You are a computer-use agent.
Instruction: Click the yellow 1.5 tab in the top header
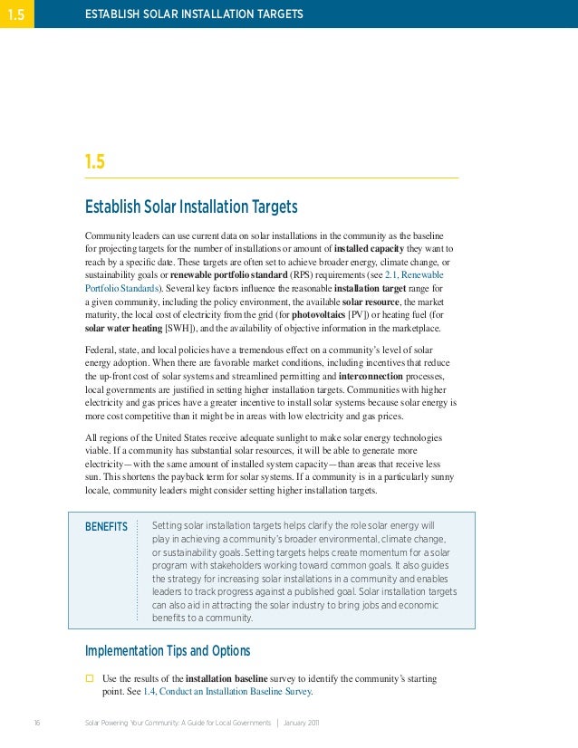click(16, 14)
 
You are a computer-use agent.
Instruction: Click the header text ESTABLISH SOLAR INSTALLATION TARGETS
click(194, 14)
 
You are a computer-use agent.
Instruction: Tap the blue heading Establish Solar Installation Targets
click(191, 207)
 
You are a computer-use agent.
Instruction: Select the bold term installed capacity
click(368, 247)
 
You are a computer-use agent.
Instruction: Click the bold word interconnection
click(377, 375)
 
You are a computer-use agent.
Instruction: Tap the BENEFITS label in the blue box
click(106, 527)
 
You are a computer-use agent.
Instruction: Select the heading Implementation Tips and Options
click(167, 651)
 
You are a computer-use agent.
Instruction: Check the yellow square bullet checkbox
click(90, 678)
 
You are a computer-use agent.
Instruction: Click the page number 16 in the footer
click(36, 723)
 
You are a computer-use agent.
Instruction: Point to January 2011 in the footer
click(301, 723)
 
